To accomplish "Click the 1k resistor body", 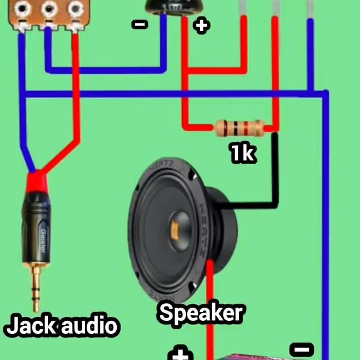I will click(241, 128).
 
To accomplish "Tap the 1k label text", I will click(242, 153).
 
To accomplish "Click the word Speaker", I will click(200, 314).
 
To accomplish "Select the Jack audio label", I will click(61, 326).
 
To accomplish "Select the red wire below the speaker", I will click(209, 322).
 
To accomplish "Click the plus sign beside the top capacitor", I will click(202, 25).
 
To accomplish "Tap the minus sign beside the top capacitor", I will click(140, 24).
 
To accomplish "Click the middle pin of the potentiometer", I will click(48, 8).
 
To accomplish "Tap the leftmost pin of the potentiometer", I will click(22, 8).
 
